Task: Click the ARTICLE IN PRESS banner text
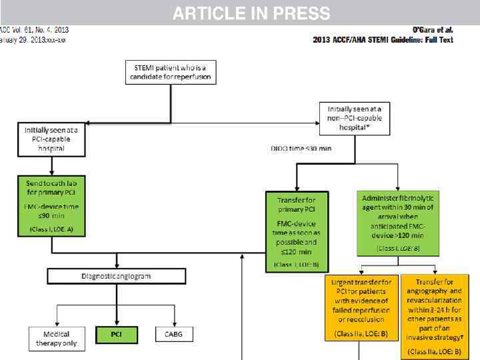click(x=251, y=13)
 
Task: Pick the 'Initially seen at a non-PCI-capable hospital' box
click(x=354, y=117)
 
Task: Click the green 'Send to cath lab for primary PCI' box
click(x=53, y=205)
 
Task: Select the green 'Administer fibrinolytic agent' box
click(x=397, y=223)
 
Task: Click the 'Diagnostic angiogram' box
click(x=116, y=275)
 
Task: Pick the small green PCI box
click(x=117, y=335)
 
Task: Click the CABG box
click(x=174, y=335)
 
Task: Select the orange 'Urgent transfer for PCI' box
click(x=361, y=307)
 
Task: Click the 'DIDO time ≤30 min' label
click(x=300, y=147)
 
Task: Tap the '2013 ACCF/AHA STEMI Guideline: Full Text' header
click(x=383, y=40)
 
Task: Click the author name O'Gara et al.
click(x=433, y=30)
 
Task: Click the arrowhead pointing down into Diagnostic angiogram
click(x=117, y=265)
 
